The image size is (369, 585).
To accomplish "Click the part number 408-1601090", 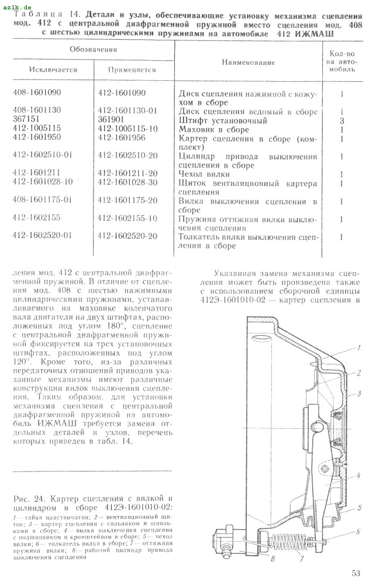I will pos(36,93).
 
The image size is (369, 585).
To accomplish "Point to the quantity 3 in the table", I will pos(340,120).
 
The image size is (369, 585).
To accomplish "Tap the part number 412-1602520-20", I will pos(127,236).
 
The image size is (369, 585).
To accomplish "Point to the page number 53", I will pos(356,573).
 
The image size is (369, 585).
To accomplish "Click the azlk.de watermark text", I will pos(17,5).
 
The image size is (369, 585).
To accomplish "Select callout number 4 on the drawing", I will pos(357,476).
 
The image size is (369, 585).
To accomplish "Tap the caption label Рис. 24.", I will pos(26,498).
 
